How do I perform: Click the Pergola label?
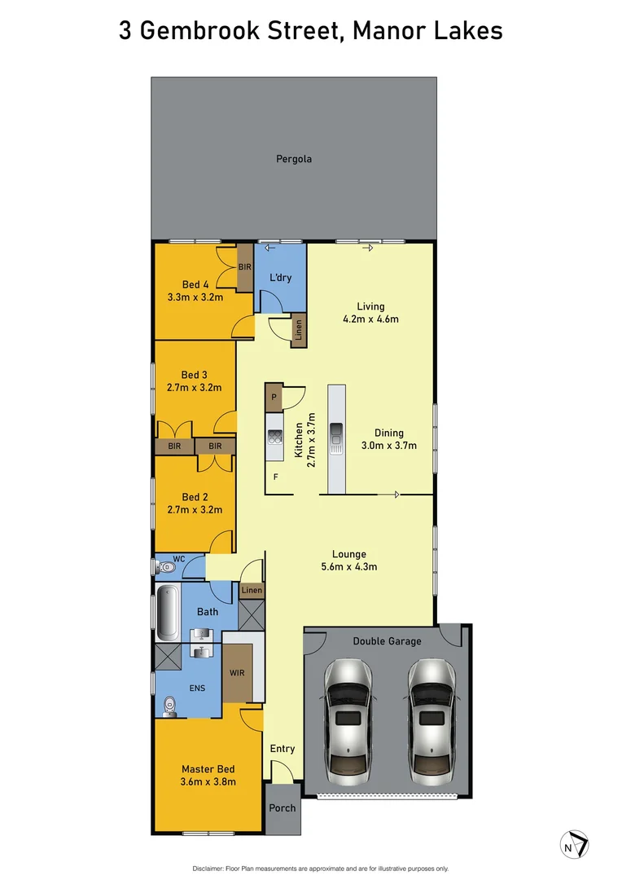pos(293,159)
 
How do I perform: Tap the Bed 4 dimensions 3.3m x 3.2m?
pos(195,297)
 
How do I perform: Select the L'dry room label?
pos(280,278)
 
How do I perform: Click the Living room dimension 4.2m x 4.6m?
pos(370,319)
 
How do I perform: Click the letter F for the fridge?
pos(275,477)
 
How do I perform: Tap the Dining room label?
pos(388,433)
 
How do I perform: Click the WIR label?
pos(237,673)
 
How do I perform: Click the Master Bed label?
pos(208,769)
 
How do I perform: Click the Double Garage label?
pos(387,641)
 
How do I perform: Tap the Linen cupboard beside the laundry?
pos(299,332)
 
